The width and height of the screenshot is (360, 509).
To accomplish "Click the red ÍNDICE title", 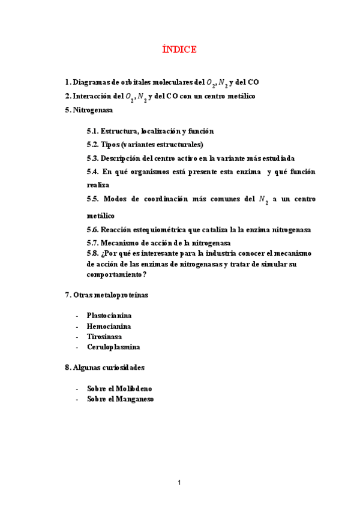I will tap(179, 50).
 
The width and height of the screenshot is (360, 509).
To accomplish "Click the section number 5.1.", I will tap(92, 131).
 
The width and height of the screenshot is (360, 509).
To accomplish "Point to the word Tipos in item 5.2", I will tap(110, 145).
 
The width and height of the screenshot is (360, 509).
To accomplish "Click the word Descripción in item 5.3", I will tap(125, 158).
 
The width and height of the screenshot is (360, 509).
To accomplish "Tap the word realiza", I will tap(98, 185).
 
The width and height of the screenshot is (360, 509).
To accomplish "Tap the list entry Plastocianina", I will tap(109, 315).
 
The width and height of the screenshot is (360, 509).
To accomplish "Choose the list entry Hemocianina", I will tap(108, 326).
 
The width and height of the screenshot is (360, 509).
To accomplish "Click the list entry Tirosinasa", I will tap(104, 337).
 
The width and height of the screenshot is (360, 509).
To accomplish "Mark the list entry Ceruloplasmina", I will tap(113, 347).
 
